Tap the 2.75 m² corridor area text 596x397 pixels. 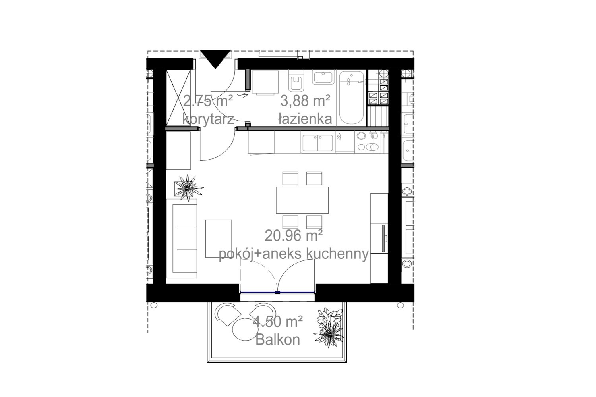[208, 101]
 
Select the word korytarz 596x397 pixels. [208, 119]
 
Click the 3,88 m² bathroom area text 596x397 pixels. [305, 101]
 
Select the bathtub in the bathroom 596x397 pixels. [352, 98]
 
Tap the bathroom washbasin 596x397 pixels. [323, 77]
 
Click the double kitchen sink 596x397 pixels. [318, 143]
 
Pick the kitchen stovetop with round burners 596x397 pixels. [368, 142]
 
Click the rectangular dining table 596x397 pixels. [302, 200]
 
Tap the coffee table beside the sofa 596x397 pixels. [219, 238]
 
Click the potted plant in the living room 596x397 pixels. [188, 188]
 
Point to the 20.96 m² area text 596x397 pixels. [294, 235]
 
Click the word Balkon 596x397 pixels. [277, 340]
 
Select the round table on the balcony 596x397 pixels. [245, 329]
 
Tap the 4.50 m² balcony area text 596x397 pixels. [277, 322]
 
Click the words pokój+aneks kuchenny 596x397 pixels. [294, 254]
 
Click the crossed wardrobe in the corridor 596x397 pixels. [178, 98]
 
